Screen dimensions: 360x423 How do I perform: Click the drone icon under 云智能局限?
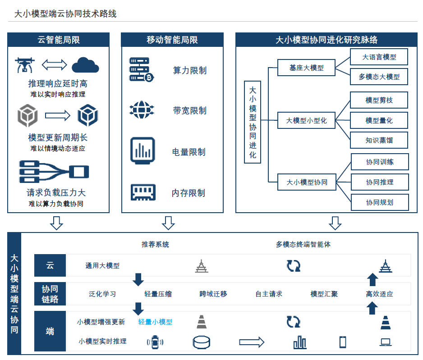click(x=24, y=65)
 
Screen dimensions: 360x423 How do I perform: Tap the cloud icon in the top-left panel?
click(x=85, y=65)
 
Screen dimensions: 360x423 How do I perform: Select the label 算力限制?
click(x=189, y=71)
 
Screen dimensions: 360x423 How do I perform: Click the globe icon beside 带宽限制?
click(x=142, y=109)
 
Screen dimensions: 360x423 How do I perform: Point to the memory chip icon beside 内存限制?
click(x=143, y=192)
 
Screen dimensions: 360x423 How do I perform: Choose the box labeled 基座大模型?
click(x=306, y=68)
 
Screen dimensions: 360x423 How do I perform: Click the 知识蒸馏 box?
click(x=379, y=140)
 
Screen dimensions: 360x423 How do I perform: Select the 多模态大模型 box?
click(x=379, y=77)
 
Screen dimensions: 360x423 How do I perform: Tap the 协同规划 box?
click(x=379, y=202)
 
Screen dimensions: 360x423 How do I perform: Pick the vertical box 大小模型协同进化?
click(x=253, y=122)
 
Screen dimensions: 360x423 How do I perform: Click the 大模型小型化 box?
click(x=306, y=121)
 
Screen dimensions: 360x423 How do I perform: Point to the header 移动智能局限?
click(x=172, y=40)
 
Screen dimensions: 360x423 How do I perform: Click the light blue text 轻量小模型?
click(x=155, y=322)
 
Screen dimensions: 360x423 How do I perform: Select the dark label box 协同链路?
click(x=50, y=294)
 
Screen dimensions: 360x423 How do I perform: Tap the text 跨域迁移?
click(x=213, y=294)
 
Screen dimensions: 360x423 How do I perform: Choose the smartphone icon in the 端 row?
click(x=343, y=342)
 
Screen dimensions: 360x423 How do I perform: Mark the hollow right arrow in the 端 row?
click(x=251, y=342)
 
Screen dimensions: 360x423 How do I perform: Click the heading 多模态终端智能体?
click(x=303, y=245)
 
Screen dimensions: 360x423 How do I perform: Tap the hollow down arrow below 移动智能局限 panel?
click(x=168, y=223)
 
